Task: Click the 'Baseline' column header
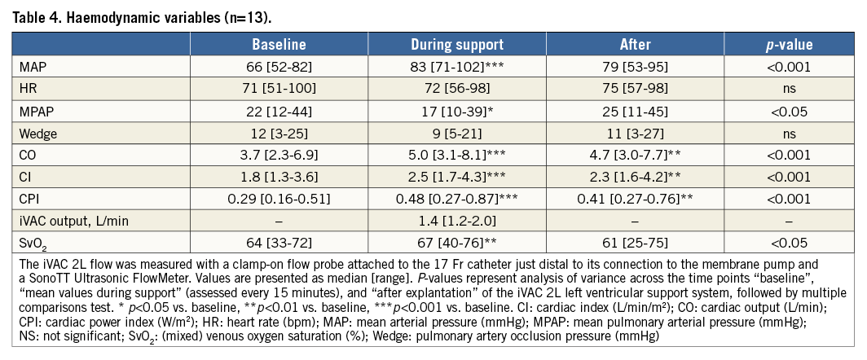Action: coord(279,44)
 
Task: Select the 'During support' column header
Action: coord(456,44)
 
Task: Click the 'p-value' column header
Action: coord(788,44)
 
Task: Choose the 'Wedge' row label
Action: coord(37,130)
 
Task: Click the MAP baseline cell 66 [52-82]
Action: coord(279,65)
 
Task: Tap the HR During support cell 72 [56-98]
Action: coord(456,86)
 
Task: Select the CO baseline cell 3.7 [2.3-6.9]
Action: coord(279,151)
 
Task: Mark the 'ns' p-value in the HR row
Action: coord(788,86)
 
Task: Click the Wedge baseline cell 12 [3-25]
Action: coord(279,130)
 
